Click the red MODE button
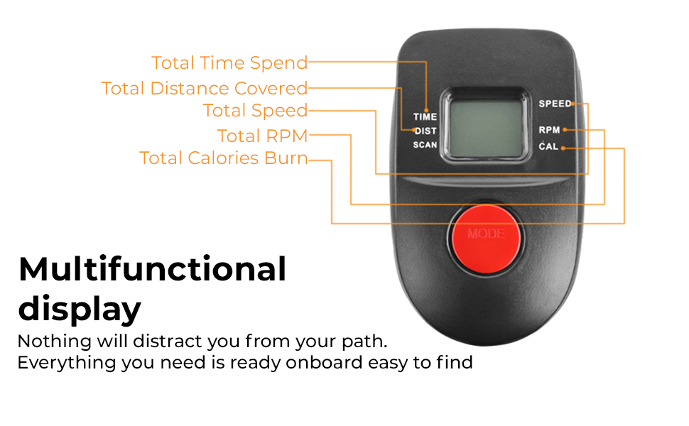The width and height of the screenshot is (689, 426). pos(486,232)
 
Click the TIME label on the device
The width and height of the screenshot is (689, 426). pos(425,117)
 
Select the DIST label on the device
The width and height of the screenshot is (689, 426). pos(425,131)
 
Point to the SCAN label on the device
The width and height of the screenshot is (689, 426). pos(425,146)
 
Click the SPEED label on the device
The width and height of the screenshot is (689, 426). pos(554,104)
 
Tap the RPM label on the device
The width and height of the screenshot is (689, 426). pos(549,130)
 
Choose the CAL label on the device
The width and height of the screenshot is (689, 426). pos(548,147)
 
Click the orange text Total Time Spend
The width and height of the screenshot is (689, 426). pos(229,63)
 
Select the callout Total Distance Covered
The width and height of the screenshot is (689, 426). pos(205,89)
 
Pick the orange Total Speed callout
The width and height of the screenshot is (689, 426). pos(255,111)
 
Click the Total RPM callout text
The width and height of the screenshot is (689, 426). pos(262,136)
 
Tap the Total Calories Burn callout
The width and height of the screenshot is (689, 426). pos(224,158)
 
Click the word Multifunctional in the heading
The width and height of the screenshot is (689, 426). pos(152,270)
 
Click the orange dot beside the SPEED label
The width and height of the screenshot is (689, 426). pos(573,104)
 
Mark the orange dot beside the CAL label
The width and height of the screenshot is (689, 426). pos(563,148)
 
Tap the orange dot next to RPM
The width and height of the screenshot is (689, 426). pos(565,130)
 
